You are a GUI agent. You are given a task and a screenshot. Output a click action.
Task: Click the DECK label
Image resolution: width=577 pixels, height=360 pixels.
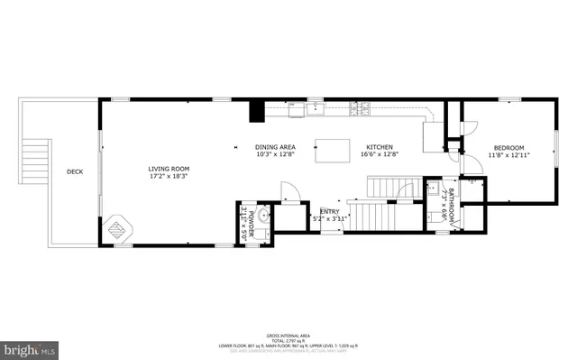(75, 171)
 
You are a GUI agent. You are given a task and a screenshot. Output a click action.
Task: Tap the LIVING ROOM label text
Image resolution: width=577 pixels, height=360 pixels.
(169, 168)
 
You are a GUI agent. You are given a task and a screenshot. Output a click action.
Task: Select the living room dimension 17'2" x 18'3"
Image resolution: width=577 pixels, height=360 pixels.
(169, 176)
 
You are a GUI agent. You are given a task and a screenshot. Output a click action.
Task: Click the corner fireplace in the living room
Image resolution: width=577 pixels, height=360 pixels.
(118, 229)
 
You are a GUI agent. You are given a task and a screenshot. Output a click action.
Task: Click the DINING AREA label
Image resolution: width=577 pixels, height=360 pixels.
(275, 146)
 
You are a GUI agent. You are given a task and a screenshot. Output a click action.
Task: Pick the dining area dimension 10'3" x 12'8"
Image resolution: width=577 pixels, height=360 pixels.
(275, 154)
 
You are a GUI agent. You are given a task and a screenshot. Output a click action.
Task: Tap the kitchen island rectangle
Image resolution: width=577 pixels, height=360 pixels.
(331, 151)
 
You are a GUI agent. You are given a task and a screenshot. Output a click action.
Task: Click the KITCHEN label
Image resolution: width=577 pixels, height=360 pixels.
(380, 146)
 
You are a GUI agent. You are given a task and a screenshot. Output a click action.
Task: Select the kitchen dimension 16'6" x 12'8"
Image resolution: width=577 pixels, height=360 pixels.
(380, 154)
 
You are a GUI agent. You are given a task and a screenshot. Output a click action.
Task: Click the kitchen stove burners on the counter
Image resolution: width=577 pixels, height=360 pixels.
(362, 110)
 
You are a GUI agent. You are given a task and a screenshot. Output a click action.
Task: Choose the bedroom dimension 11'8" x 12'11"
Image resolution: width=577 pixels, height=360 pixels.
(508, 155)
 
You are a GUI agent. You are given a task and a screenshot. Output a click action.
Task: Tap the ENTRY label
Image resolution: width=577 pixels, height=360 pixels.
(329, 211)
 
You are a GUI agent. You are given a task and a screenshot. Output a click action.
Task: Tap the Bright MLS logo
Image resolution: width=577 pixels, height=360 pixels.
(31, 346)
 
